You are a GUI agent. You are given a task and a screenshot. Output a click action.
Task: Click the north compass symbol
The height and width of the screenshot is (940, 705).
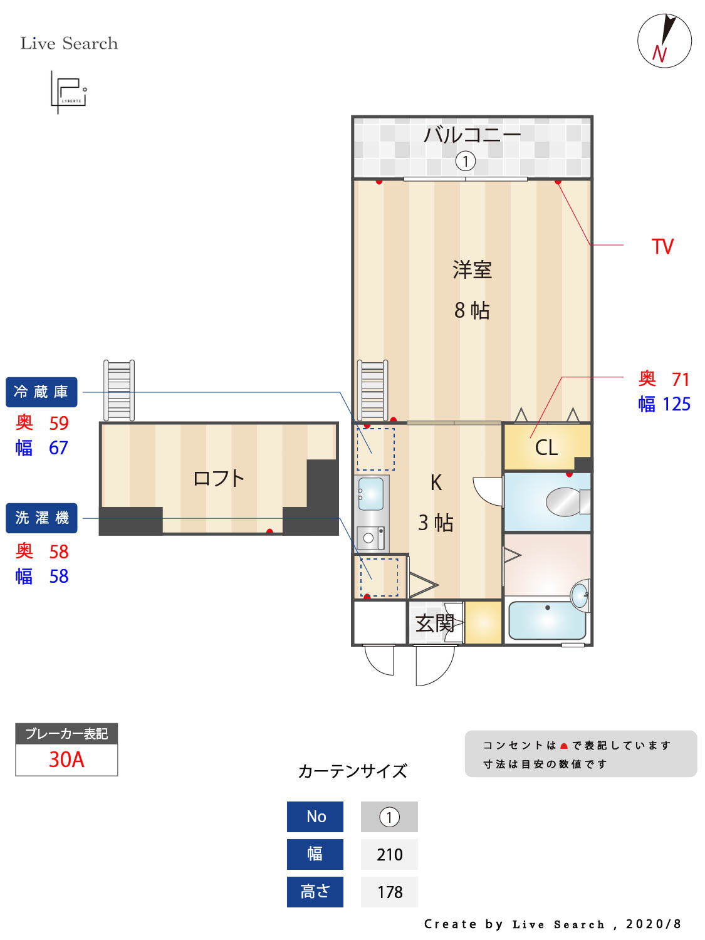pyautogui.click(x=664, y=41)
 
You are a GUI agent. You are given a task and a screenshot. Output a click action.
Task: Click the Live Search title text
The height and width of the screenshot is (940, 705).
pyautogui.click(x=69, y=43)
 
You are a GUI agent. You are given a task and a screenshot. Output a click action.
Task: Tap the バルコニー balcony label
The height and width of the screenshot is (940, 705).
pyautogui.click(x=472, y=135)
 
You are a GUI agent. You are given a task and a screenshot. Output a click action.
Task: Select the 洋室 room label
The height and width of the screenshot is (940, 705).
pyautogui.click(x=472, y=270)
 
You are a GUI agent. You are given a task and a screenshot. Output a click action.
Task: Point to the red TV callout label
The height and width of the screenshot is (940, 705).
pyautogui.click(x=662, y=246)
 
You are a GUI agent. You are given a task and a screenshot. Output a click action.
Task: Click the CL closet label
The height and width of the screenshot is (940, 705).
pyautogui.click(x=546, y=447)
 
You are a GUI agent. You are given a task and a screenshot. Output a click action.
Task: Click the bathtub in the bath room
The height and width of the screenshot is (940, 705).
pyautogui.click(x=546, y=620)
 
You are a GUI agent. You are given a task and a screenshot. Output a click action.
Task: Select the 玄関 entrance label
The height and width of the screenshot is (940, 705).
pyautogui.click(x=435, y=624)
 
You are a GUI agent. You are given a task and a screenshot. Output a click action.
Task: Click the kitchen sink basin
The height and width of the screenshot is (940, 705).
pyautogui.click(x=371, y=493)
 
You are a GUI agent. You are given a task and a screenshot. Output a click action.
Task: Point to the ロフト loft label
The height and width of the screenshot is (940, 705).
pyautogui.click(x=218, y=479)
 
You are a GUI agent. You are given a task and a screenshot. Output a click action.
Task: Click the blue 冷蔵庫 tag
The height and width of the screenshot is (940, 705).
pyautogui.click(x=41, y=392)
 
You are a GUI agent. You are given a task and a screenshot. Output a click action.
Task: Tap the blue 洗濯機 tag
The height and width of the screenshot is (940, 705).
pyautogui.click(x=41, y=518)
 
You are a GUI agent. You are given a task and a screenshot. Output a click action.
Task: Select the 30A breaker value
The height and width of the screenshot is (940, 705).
pyautogui.click(x=66, y=760)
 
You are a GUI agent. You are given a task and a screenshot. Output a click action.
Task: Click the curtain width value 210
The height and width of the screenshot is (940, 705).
pyautogui.click(x=389, y=855)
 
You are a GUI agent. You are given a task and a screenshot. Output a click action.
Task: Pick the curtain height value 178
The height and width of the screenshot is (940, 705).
pyautogui.click(x=389, y=892)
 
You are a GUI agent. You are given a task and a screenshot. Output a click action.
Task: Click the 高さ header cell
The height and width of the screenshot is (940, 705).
pyautogui.click(x=315, y=892)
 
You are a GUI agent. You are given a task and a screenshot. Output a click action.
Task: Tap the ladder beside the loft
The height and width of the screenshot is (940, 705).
pyautogui.click(x=119, y=390)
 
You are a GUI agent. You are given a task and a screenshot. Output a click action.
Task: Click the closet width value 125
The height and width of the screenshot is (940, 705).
pyautogui.click(x=676, y=404)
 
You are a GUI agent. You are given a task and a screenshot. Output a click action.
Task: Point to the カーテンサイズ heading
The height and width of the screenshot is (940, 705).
pyautogui.click(x=352, y=771)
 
